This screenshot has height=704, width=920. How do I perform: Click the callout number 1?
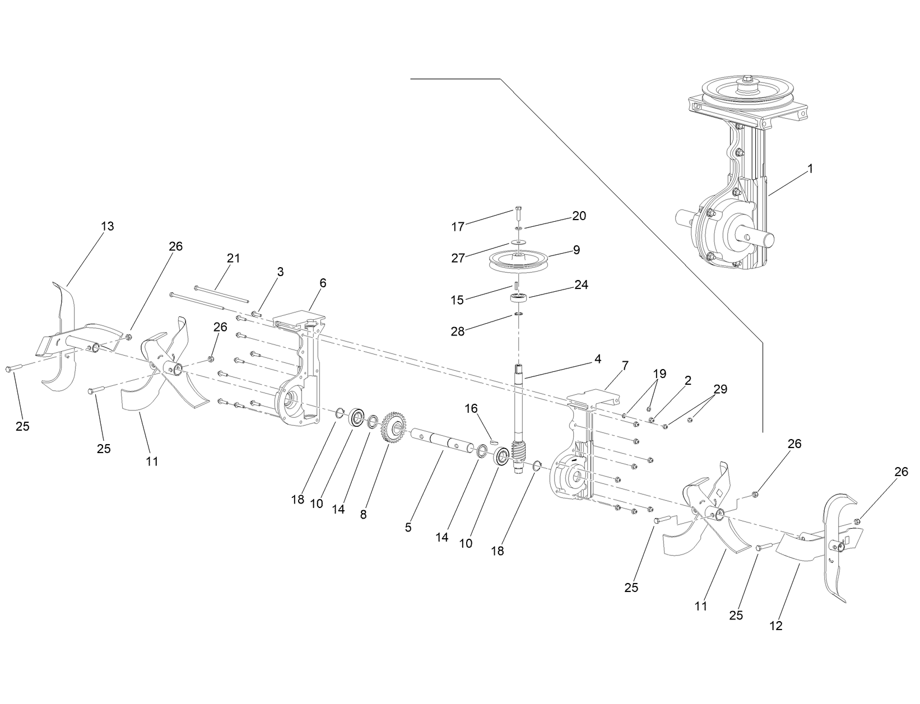(x=810, y=168)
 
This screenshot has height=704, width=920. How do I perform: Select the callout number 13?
(x=107, y=226)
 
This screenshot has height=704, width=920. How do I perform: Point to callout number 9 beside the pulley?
(x=577, y=250)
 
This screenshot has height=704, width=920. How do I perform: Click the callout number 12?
(x=776, y=626)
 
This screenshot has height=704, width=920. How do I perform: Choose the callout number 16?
(x=471, y=409)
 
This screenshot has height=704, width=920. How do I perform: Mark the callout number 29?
(x=720, y=389)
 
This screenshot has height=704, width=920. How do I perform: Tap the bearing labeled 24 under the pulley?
(x=519, y=297)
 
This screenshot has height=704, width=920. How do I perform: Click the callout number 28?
(x=458, y=331)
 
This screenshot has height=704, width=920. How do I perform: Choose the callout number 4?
(x=598, y=359)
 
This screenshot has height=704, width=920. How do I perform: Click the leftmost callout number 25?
(x=22, y=426)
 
